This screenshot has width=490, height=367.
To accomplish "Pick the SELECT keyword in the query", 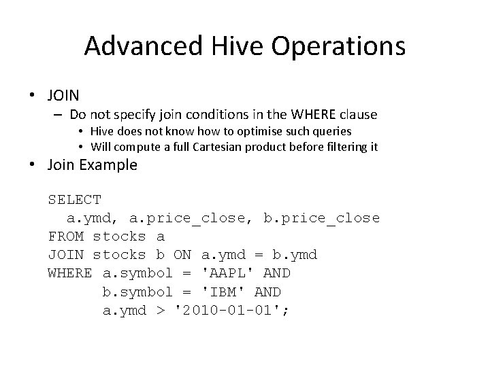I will pos(75,200).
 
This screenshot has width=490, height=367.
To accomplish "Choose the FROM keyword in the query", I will pos(65,237).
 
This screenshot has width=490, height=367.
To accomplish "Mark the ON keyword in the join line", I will pos(183,255).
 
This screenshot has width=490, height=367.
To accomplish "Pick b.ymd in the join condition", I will pos(293,255).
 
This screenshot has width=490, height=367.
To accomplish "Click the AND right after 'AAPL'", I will pos(276,273).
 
